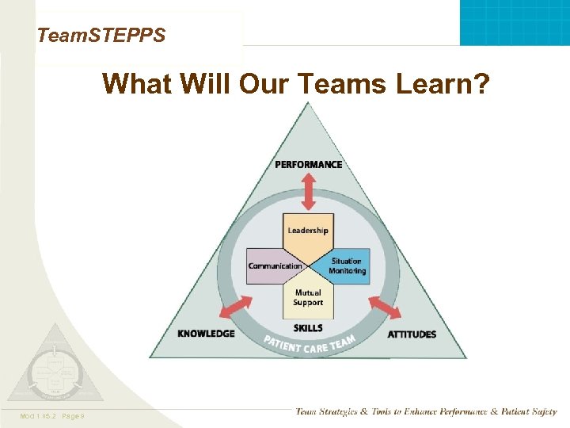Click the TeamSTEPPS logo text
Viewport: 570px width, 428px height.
(x=101, y=36)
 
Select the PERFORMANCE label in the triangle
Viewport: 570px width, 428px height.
(x=309, y=164)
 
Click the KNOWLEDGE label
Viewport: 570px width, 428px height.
(x=206, y=334)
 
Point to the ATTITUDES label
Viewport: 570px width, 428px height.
(x=412, y=334)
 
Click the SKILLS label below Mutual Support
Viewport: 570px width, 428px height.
(x=308, y=327)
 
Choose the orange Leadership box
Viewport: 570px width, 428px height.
(x=308, y=231)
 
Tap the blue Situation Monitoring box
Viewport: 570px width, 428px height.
(x=347, y=266)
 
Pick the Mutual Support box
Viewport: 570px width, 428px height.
(x=308, y=297)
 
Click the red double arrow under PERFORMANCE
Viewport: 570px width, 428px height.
(x=308, y=192)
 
